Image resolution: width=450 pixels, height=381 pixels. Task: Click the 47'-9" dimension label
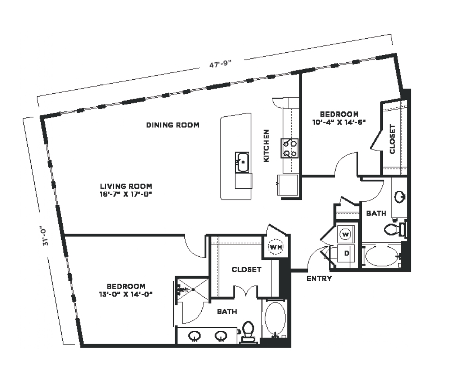pyautogui.click(x=220, y=64)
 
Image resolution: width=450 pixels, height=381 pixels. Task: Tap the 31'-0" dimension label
pyautogui.click(x=45, y=237)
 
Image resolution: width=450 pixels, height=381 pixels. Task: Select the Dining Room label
pyautogui.click(x=173, y=125)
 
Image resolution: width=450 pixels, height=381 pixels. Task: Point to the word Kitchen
pyautogui.click(x=266, y=146)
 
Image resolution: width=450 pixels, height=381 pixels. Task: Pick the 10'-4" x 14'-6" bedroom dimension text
pyautogui.click(x=339, y=122)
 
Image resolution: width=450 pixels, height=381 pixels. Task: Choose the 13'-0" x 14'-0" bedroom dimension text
pyautogui.click(x=126, y=294)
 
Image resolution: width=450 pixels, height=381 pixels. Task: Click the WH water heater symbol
pyautogui.click(x=276, y=247)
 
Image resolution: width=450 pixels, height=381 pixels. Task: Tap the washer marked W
pyautogui.click(x=345, y=235)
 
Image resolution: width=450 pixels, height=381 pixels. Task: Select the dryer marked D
pyautogui.click(x=347, y=253)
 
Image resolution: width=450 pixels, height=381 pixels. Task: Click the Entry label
pyautogui.click(x=319, y=278)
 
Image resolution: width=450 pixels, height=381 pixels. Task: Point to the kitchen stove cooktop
pyautogui.click(x=289, y=148)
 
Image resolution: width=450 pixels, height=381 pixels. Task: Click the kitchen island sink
pyautogui.click(x=242, y=162)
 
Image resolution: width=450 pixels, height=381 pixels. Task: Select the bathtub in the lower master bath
pyautogui.click(x=275, y=319)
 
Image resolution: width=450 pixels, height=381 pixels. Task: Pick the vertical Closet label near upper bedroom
pyautogui.click(x=392, y=139)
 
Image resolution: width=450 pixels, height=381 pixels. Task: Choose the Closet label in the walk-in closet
pyautogui.click(x=246, y=270)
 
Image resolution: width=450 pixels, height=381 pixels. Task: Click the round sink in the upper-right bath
pyautogui.click(x=400, y=197)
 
